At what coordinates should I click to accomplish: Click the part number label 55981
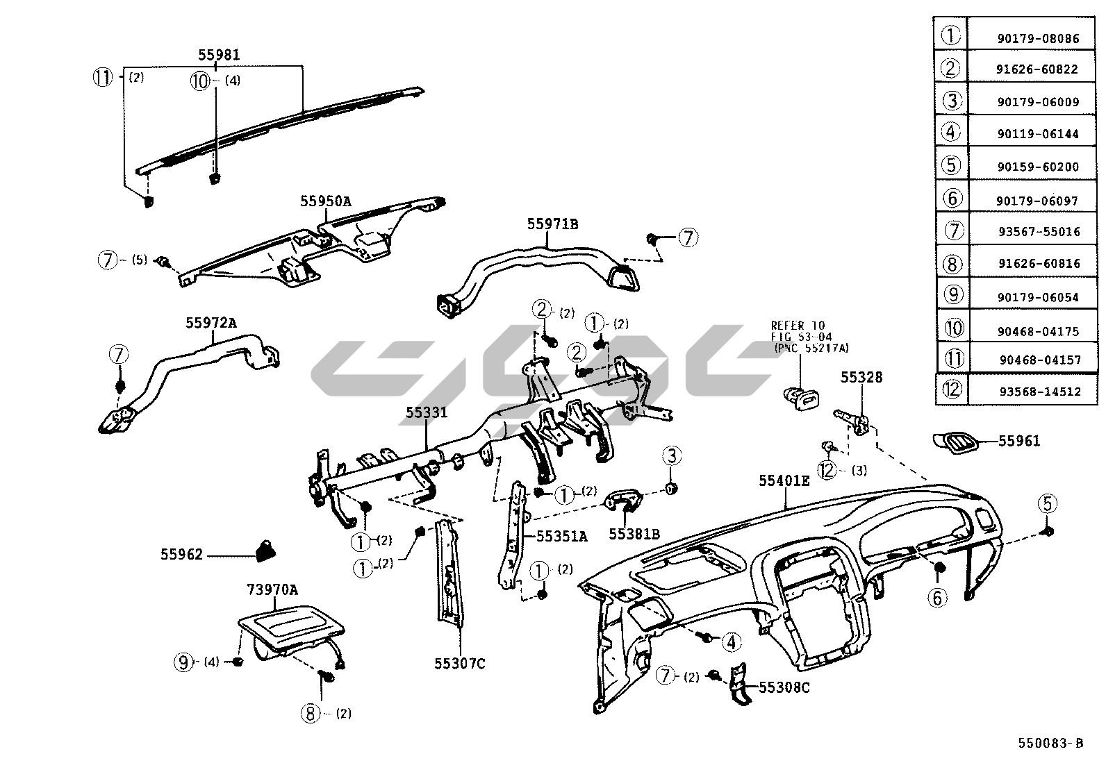click(219, 55)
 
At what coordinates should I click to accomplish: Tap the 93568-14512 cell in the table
click(1040, 392)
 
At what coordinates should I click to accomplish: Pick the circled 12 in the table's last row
click(952, 390)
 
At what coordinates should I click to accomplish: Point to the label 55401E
click(784, 480)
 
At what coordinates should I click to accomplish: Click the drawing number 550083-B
click(1050, 743)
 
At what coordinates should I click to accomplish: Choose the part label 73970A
click(272, 590)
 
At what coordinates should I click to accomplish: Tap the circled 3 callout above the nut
click(671, 456)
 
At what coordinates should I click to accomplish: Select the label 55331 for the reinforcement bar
click(427, 413)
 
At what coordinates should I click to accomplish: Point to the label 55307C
click(459, 664)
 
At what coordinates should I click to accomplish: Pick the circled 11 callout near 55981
click(103, 78)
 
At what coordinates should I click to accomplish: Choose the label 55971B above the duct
click(552, 224)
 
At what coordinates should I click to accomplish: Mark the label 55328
click(861, 378)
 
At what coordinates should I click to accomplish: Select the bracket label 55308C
click(784, 688)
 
